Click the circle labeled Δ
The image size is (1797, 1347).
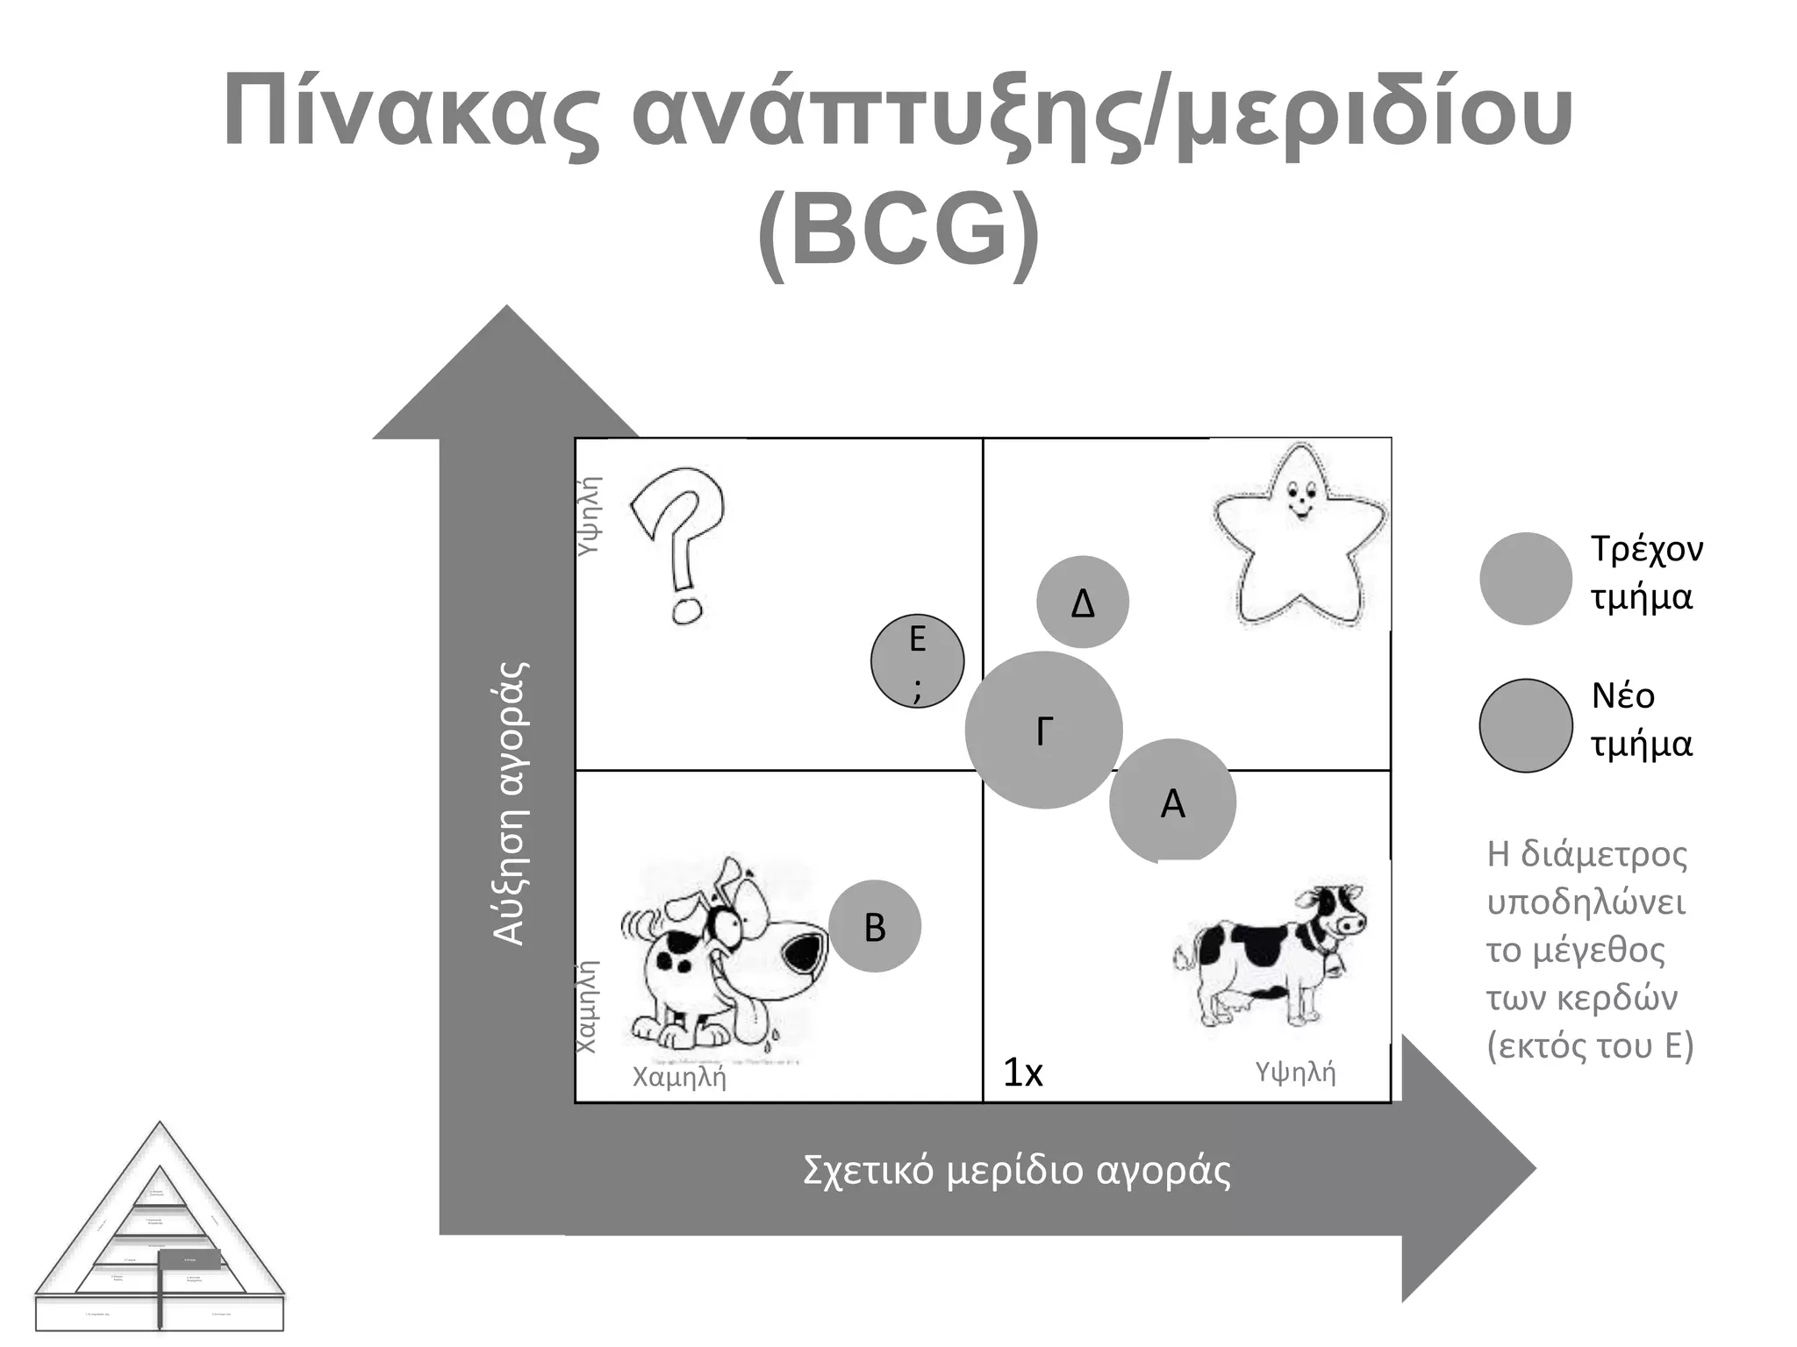click(x=1082, y=602)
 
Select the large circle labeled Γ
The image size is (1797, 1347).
click(x=1043, y=730)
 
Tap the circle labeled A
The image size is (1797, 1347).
click(x=1172, y=802)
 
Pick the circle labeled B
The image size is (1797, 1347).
click(x=875, y=926)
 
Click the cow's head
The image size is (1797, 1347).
click(x=1335, y=912)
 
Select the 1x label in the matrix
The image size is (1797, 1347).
click(x=1022, y=1073)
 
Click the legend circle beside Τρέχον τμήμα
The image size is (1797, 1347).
click(x=1525, y=579)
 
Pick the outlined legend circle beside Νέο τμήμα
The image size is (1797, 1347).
click(x=1525, y=725)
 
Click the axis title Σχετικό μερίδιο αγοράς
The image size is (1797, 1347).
click(x=1016, y=1171)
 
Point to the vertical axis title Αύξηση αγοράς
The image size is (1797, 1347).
click(x=510, y=802)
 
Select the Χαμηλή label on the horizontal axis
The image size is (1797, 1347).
click(x=679, y=1076)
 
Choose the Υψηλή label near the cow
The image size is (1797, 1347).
click(x=1295, y=1072)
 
